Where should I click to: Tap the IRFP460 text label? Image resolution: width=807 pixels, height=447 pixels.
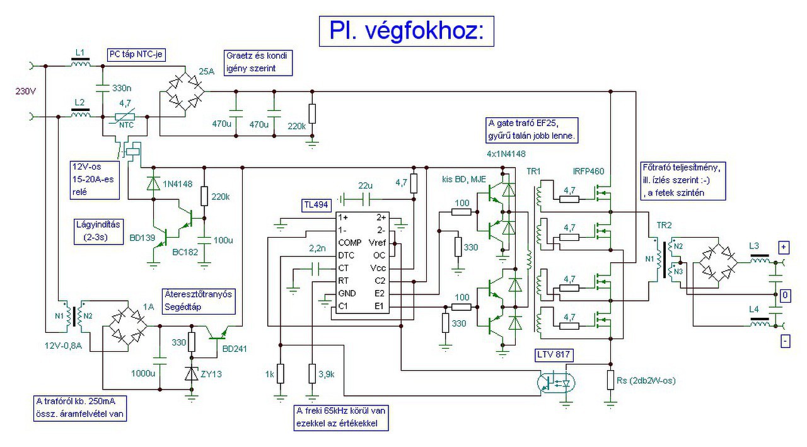coord(589,171)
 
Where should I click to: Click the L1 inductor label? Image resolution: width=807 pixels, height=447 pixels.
coord(79,52)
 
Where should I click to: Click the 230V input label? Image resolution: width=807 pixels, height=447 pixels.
coord(25,91)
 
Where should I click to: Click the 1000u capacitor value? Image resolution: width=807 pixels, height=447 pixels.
coord(143,373)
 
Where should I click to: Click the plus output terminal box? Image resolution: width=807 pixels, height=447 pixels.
coord(785,247)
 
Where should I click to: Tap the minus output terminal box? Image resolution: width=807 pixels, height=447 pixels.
coord(786,341)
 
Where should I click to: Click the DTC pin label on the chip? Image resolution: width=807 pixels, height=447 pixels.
coord(346,255)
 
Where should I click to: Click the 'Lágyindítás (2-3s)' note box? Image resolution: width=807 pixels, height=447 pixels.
coord(96,231)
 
